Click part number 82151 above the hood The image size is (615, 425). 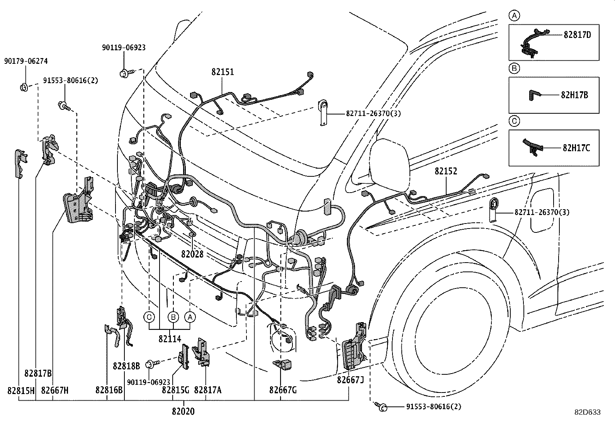pyautogui.click(x=222, y=72)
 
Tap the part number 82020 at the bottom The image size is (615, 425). pyautogui.click(x=183, y=411)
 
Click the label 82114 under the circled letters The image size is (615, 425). pyautogui.click(x=170, y=339)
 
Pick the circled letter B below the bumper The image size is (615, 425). pyautogui.click(x=173, y=317)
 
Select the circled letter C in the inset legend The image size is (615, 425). pyautogui.click(x=514, y=121)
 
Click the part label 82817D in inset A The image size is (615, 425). pyautogui.click(x=577, y=35)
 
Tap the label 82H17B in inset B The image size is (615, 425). pyautogui.click(x=574, y=95)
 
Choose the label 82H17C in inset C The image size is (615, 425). pyautogui.click(x=576, y=148)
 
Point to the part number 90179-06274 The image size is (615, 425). pyautogui.click(x=26, y=61)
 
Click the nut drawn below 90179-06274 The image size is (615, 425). pyautogui.click(x=23, y=87)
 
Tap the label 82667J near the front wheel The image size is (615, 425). pyautogui.click(x=350, y=380)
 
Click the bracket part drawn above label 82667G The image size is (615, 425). pyautogui.click(x=282, y=365)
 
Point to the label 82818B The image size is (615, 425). pyautogui.click(x=126, y=365)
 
